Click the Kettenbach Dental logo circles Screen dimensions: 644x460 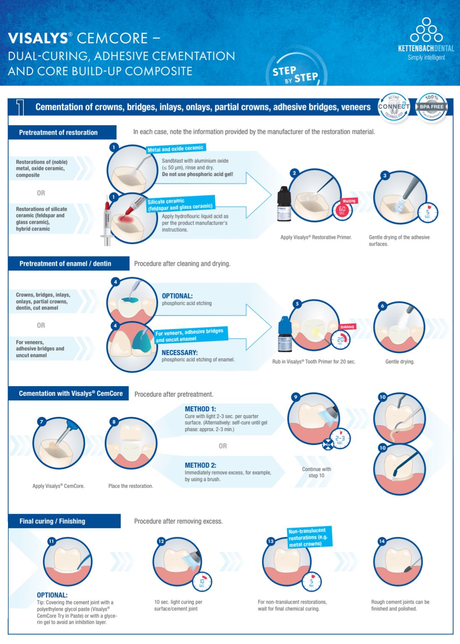pos(426,30)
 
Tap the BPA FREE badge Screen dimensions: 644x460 pos(431,107)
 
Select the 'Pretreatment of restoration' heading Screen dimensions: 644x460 pos(58,133)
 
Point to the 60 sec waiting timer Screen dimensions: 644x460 pos(342,209)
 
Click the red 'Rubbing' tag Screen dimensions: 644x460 pos(347,326)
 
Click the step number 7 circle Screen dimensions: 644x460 pos(41,421)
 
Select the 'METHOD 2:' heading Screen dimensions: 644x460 pos(200,465)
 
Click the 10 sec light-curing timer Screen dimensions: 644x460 pos(202,583)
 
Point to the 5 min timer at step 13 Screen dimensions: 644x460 pos(311,582)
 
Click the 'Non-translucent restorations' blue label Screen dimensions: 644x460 pos(309,537)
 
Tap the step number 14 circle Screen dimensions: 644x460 pos(382,541)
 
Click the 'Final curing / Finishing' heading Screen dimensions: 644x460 pos(52,521)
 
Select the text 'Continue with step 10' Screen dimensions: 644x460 pos(316,472)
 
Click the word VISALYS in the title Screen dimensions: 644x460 pos(38,38)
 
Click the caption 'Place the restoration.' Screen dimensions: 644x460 pos(130,486)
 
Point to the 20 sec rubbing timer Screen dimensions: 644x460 pos(340,340)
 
